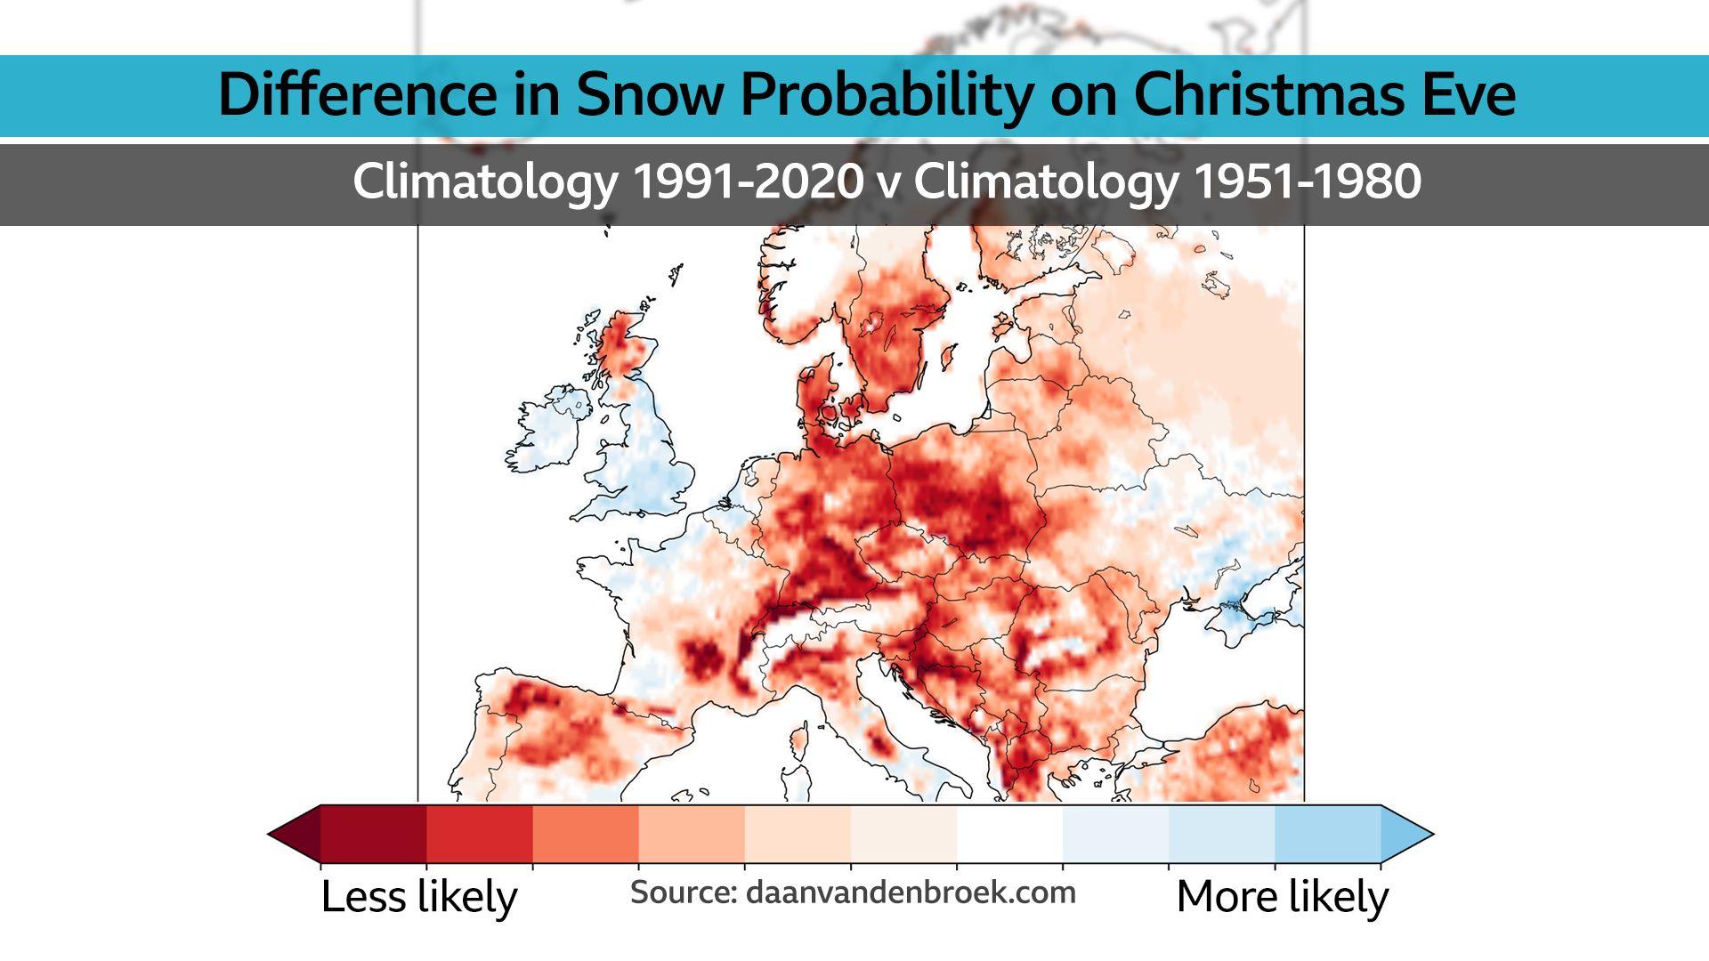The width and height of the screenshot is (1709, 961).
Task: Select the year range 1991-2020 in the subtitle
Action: [x=748, y=182]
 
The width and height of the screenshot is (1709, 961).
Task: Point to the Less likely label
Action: [x=418, y=897]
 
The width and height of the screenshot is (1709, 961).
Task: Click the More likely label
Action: [x=1282, y=897]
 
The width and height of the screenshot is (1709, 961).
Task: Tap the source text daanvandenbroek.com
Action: [x=910, y=892]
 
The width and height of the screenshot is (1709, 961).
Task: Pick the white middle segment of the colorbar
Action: [x=1009, y=834]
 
